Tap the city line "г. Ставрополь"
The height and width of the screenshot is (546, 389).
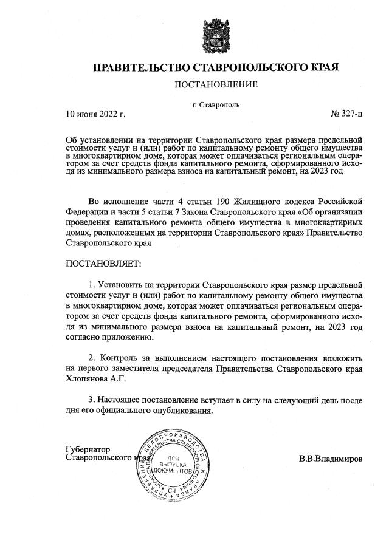(x=215, y=104)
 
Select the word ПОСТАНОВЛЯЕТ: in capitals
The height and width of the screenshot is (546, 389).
(x=103, y=265)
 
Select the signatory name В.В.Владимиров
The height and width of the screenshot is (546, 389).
(x=330, y=459)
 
